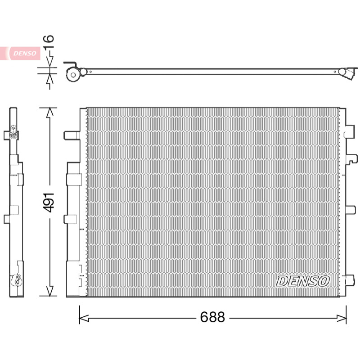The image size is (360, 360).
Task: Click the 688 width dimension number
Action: (212, 317)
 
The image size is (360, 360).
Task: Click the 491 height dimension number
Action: (49, 202)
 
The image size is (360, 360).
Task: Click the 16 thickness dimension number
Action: (49, 42)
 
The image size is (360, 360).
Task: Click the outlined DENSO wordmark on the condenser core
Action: (303, 281)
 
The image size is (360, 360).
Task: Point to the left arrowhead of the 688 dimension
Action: (84, 318)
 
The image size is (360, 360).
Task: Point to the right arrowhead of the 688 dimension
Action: (342, 318)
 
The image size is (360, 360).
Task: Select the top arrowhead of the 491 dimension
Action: (50, 112)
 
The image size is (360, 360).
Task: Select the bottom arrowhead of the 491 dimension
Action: (50, 291)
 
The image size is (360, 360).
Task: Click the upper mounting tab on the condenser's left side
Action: (72, 135)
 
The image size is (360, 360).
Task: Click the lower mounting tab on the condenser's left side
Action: (70, 219)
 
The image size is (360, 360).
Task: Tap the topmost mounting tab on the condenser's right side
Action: (350, 131)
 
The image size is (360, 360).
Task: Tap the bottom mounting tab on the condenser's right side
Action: (351, 280)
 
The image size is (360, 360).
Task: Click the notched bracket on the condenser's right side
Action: (351, 159)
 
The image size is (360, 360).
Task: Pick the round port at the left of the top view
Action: (73, 74)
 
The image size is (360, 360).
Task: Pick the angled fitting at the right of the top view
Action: (348, 73)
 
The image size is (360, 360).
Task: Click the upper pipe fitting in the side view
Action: (13, 134)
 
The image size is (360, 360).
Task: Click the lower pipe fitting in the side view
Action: (16, 280)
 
